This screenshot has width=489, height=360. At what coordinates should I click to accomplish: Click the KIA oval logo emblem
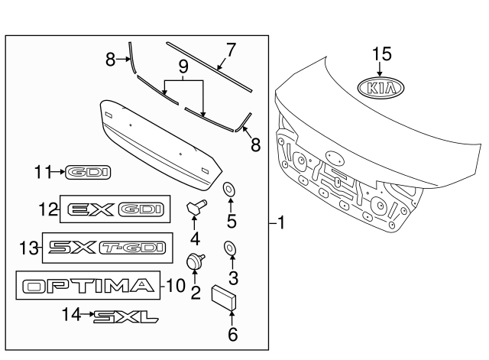tap(380, 89)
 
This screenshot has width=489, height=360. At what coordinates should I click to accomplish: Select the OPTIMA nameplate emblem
tap(86, 287)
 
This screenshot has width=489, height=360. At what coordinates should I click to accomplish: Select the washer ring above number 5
tap(228, 188)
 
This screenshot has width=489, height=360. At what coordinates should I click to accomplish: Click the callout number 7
tap(231, 51)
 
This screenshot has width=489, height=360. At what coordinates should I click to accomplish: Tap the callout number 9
tap(183, 68)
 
